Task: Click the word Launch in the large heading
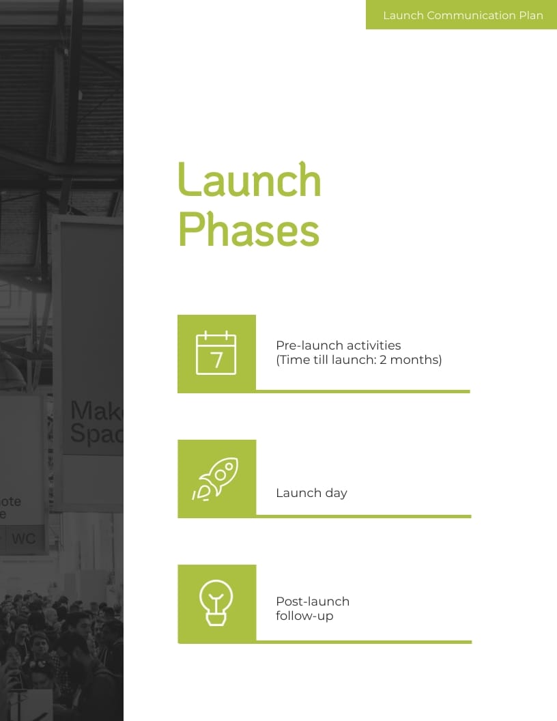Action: pos(249,180)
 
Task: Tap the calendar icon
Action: pos(216,353)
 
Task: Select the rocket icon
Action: pos(216,479)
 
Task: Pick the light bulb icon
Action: pos(216,603)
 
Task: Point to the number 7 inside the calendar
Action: pos(217,360)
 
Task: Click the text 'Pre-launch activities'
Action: pos(338,345)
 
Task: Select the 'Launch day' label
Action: pos(311,492)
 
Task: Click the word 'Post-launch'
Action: pos(313,602)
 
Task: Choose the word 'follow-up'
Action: pos(304,616)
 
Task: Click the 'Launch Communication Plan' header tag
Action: pos(462,15)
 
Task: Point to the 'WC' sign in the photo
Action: pos(24,539)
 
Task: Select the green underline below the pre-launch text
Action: pos(362,391)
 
